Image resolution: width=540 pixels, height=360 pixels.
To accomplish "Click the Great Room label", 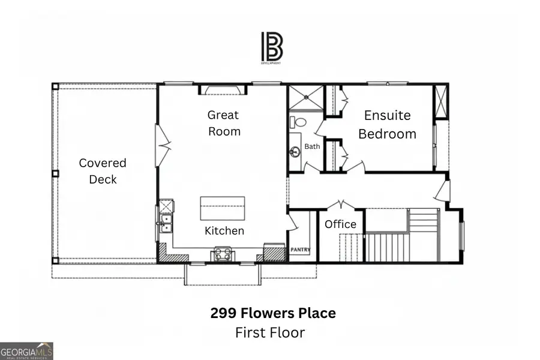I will (x=224, y=123).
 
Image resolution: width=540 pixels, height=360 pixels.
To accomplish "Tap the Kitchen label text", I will (x=224, y=230).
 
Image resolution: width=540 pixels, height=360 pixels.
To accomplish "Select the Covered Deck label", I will (x=103, y=171).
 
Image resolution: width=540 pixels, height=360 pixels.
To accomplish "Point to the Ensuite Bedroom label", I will (x=387, y=124).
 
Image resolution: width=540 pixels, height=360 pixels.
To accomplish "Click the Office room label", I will (x=340, y=224).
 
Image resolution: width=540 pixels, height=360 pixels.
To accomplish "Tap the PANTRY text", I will (x=300, y=248).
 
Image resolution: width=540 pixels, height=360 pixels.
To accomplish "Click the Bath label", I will (x=312, y=146).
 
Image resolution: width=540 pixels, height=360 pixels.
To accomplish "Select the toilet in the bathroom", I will (x=298, y=122).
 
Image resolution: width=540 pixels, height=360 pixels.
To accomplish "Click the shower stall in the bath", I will (x=305, y=98).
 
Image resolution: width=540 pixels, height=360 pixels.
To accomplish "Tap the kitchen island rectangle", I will (x=222, y=209).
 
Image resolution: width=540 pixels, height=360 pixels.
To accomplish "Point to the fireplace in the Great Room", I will (x=223, y=89).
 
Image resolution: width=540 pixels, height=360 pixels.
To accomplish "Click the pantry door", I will (x=292, y=223).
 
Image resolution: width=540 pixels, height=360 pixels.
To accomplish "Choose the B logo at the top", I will (x=271, y=47).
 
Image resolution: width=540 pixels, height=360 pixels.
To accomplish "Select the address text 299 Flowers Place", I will (x=272, y=313).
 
